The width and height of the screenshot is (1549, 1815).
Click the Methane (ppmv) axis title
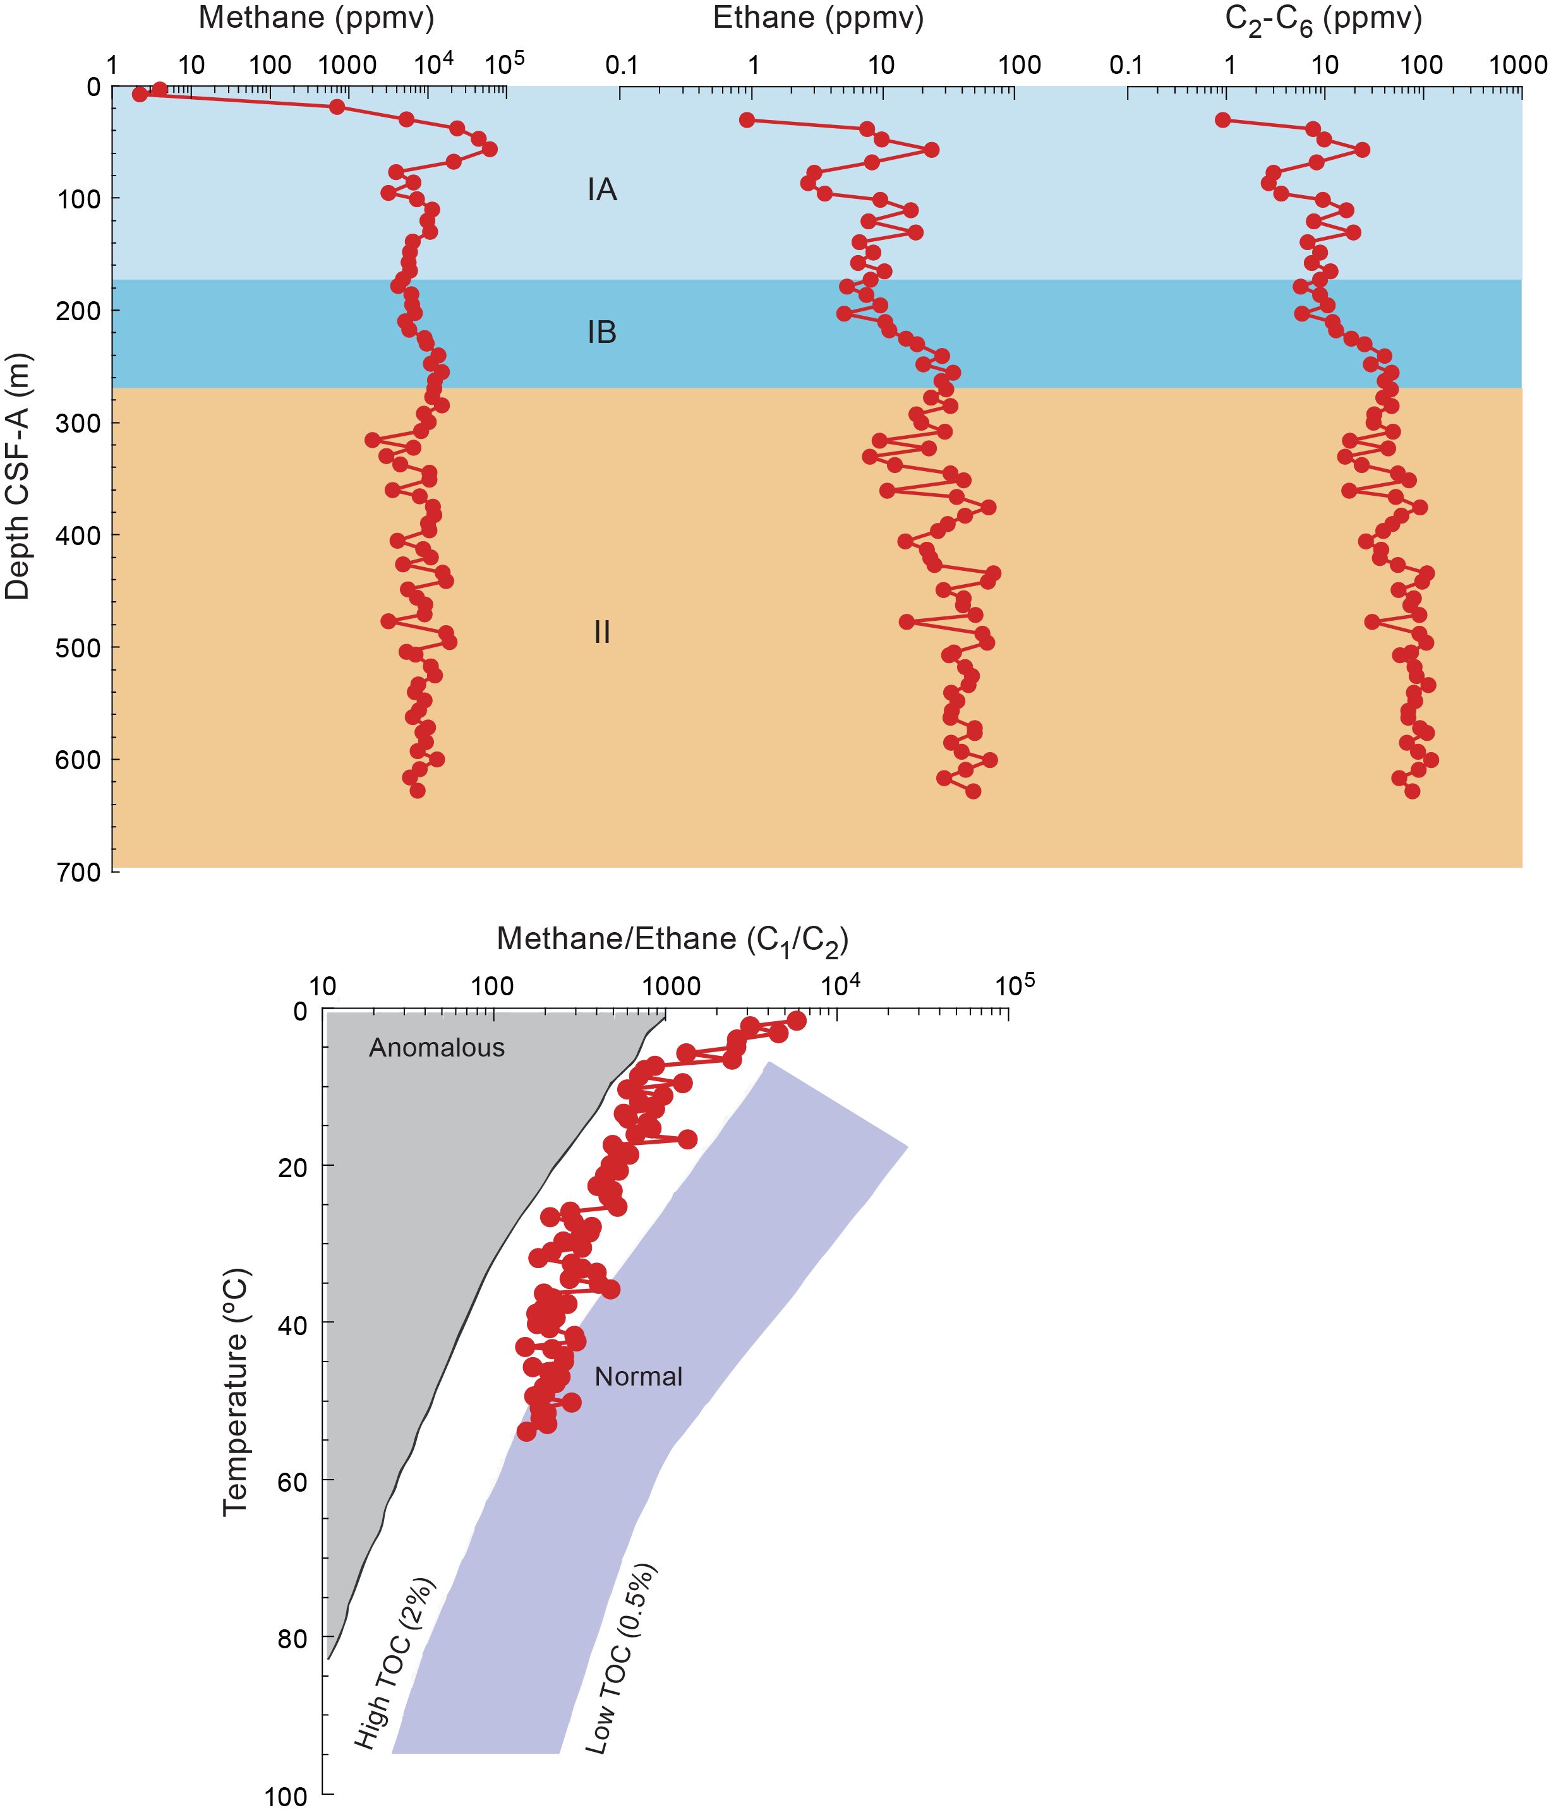pos(316,18)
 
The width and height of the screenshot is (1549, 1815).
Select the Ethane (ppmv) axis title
pos(818,18)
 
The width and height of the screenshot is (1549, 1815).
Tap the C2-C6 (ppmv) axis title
pos(1323,20)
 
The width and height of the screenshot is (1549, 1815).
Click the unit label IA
pos(602,189)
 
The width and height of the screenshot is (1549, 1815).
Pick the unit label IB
pos(602,333)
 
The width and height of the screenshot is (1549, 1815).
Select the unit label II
pos(602,632)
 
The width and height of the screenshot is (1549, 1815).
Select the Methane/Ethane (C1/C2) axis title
pos(672,940)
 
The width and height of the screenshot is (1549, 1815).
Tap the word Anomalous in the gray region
pos(437,1048)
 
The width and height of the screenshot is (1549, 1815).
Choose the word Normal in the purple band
pos(638,1376)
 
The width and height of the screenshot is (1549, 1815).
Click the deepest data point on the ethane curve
pos(972,791)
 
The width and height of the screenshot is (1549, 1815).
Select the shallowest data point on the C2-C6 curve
pos(1223,120)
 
